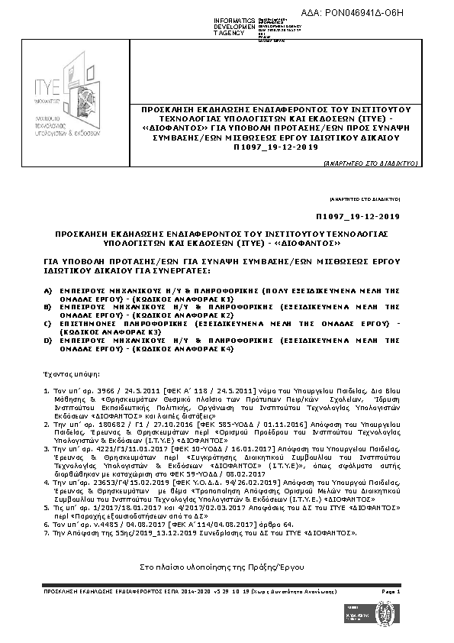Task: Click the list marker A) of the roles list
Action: [48, 291]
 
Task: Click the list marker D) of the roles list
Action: [48, 341]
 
